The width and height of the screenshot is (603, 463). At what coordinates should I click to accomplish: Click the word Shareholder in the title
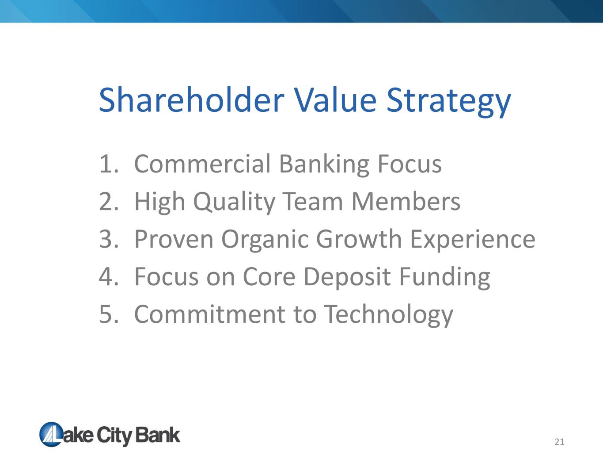(192, 99)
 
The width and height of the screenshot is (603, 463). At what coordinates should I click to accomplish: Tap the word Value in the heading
(335, 99)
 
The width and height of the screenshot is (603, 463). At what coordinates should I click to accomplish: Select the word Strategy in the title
(448, 102)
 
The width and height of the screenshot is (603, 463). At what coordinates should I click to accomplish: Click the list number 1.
(109, 164)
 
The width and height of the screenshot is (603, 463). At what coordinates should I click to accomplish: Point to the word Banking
(324, 165)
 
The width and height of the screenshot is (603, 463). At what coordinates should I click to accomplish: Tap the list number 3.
(109, 239)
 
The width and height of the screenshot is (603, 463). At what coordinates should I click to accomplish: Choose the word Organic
(265, 240)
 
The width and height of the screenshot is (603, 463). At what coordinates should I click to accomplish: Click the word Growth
(359, 238)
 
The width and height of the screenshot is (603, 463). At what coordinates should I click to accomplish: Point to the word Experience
(473, 240)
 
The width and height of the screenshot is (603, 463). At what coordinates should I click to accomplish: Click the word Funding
(445, 277)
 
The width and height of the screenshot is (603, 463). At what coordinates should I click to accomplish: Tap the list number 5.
(109, 314)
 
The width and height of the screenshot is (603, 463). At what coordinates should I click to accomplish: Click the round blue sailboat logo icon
(51, 434)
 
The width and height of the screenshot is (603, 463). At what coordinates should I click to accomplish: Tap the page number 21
(559, 442)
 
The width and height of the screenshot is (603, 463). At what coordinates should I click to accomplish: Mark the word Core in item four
(269, 277)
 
